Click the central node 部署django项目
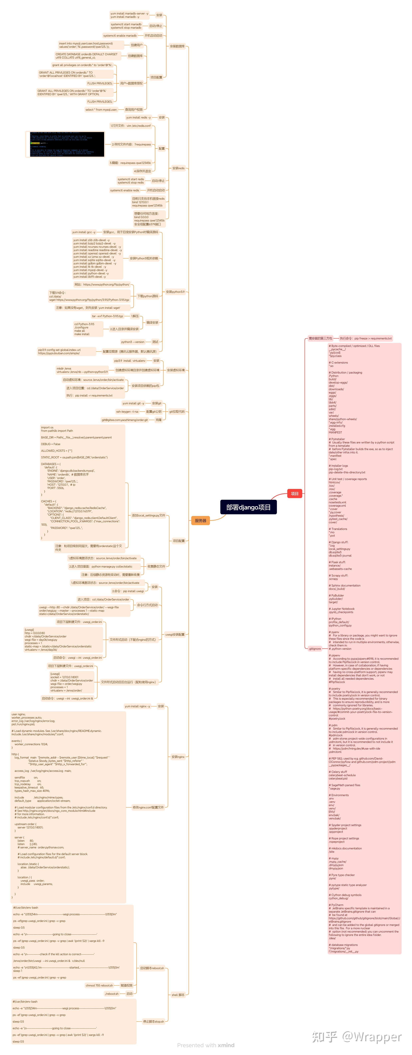click(248, 507)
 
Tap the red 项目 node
click(294, 493)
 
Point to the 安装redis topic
click(178, 168)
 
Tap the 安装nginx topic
click(178, 757)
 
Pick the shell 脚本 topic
click(178, 995)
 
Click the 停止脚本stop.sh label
click(153, 1021)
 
